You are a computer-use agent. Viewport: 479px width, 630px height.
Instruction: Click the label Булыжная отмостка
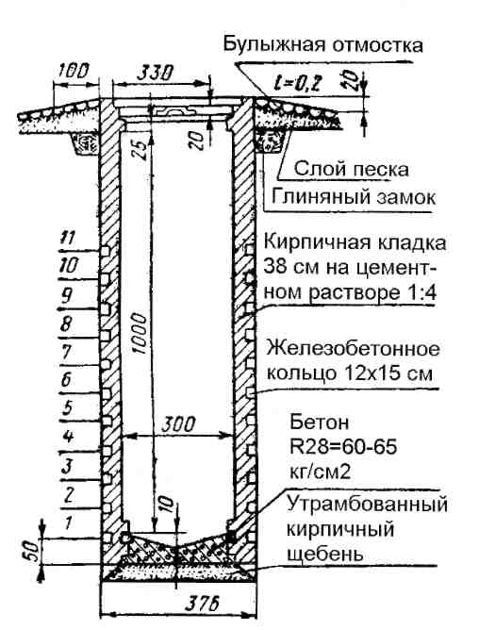323,44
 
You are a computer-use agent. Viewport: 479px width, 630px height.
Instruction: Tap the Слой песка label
352,169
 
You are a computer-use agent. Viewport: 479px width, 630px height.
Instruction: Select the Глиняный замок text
354,197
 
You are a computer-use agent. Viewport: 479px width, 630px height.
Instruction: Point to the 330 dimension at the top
156,74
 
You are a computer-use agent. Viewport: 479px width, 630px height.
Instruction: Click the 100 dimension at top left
74,71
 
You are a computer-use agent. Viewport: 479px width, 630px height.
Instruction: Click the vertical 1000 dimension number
139,334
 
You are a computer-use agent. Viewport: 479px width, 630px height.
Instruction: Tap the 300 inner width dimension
178,424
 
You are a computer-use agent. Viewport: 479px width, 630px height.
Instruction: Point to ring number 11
67,238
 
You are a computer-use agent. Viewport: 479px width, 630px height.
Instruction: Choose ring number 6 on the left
67,380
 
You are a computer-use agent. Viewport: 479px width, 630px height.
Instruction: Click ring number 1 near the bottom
69,522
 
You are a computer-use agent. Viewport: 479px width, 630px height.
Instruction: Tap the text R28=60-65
343,447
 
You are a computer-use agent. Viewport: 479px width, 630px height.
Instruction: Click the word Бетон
319,422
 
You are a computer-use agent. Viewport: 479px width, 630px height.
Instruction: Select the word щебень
325,554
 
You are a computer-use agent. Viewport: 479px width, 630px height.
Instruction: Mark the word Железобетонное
353,349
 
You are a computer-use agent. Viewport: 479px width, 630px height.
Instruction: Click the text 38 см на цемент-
351,268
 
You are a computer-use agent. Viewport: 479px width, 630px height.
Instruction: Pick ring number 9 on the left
67,296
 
